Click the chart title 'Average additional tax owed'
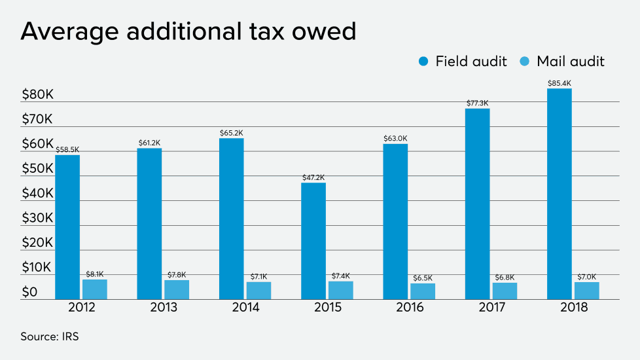click(x=188, y=31)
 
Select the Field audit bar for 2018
click(x=560, y=194)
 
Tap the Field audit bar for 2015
click(x=313, y=241)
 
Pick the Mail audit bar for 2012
click(x=95, y=289)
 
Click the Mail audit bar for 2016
click(x=423, y=291)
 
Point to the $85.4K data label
click(x=560, y=83)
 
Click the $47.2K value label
click(x=313, y=177)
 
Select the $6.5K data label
click(x=423, y=278)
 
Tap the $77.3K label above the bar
click(x=478, y=103)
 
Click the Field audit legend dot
click(x=423, y=62)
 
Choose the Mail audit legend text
click(x=570, y=62)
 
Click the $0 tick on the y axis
click(x=29, y=293)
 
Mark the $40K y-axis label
click(x=37, y=194)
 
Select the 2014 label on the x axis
click(x=245, y=308)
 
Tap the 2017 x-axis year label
click(x=491, y=308)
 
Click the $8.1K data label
click(x=95, y=275)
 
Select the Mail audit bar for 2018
click(x=587, y=291)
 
